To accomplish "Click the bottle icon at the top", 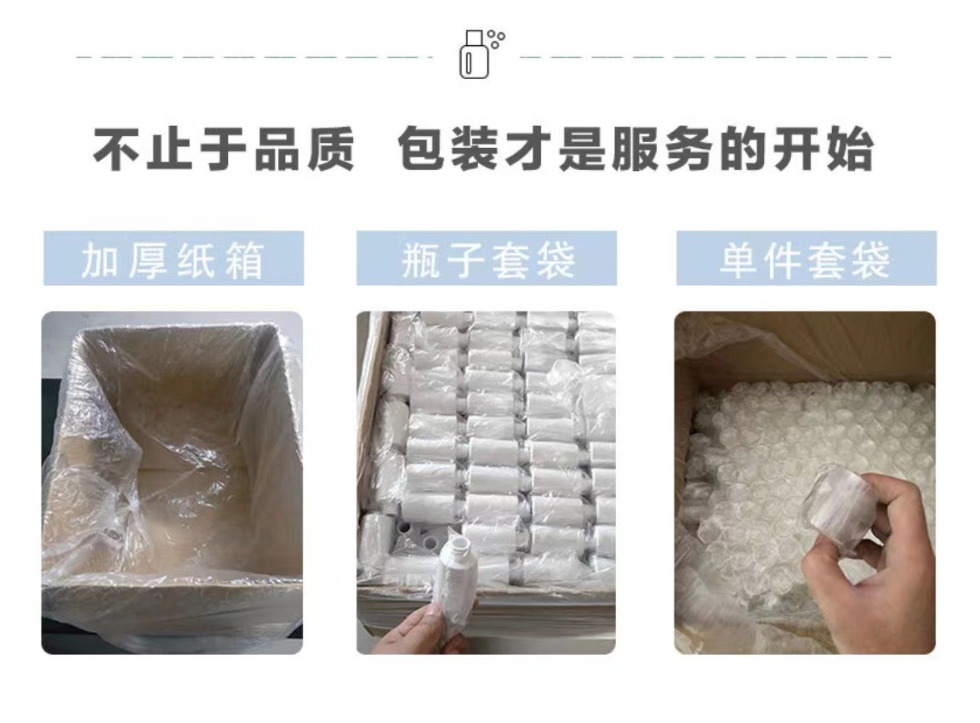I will (x=475, y=56).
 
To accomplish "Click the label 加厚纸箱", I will (x=174, y=259).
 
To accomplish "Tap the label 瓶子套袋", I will (x=487, y=259).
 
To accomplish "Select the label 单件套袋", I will (x=806, y=259).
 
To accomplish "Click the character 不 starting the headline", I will (x=118, y=151).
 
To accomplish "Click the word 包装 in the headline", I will (x=450, y=151).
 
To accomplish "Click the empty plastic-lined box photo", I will (x=172, y=482).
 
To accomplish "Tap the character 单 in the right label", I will (x=737, y=259).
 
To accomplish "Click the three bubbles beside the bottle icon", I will (x=497, y=37).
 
